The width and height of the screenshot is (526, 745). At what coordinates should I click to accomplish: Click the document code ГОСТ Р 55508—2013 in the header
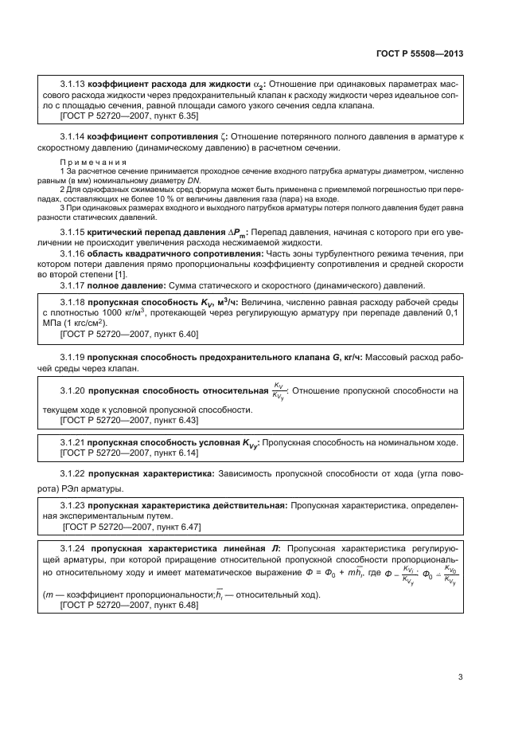coord(419,53)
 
